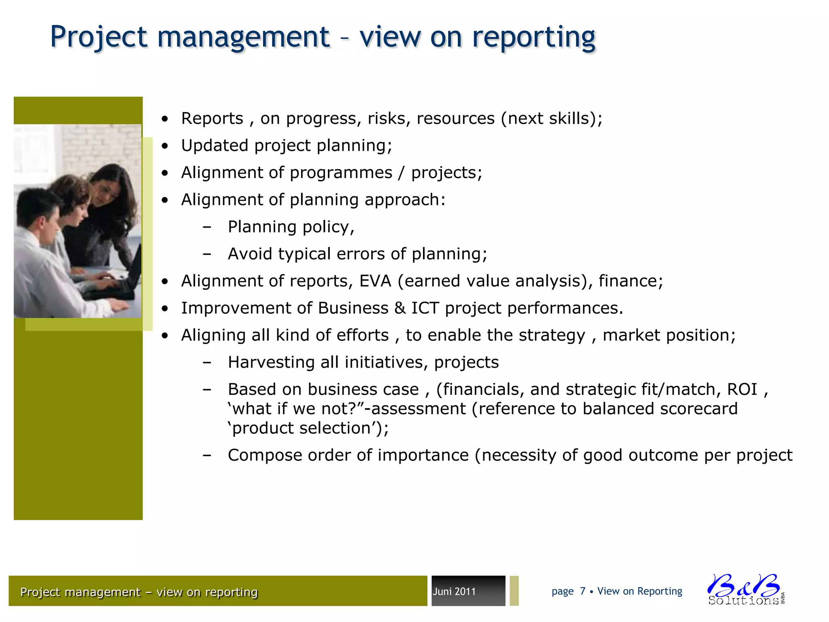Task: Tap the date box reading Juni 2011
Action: (x=468, y=591)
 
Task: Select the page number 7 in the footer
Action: (x=582, y=591)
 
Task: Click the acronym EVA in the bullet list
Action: (x=375, y=281)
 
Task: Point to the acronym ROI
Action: (x=742, y=390)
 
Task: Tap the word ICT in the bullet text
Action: (x=425, y=308)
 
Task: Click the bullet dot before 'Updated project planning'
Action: (x=164, y=146)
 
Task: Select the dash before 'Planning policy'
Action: (x=207, y=227)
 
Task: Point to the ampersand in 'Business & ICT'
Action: (x=400, y=308)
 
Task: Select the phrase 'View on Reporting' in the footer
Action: (x=640, y=591)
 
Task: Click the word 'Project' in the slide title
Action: (x=99, y=37)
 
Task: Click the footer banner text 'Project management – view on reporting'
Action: (x=139, y=592)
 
